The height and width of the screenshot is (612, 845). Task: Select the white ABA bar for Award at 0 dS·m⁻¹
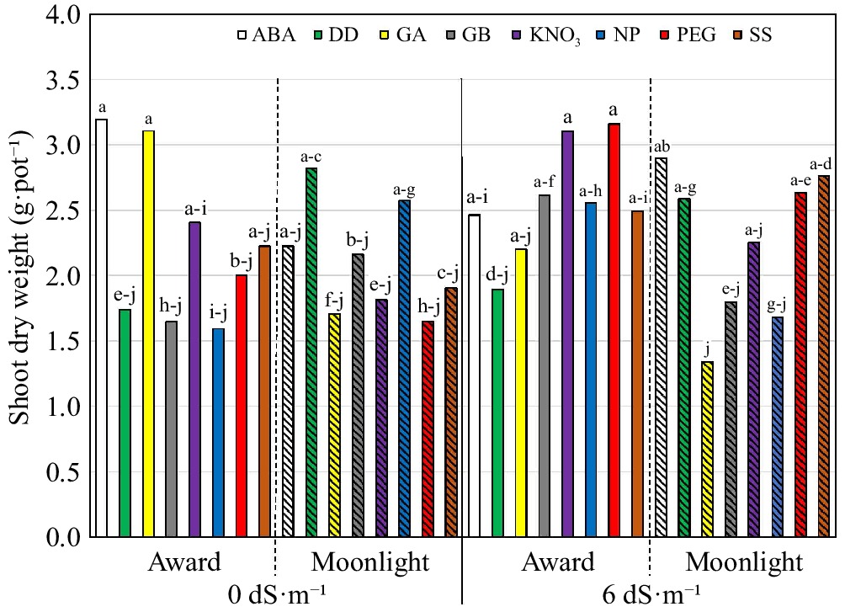(x=101, y=327)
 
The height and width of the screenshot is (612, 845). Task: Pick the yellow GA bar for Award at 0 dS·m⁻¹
(x=148, y=333)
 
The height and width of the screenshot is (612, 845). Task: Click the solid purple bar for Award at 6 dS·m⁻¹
(x=567, y=333)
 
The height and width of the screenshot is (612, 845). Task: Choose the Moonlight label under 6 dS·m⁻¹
(x=744, y=561)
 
